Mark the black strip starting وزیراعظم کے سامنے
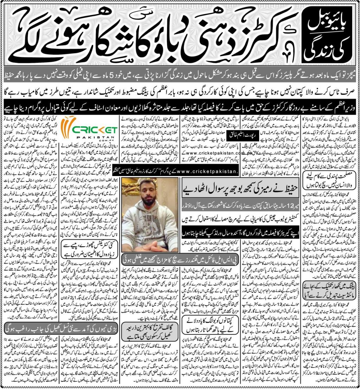pos(180,104)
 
